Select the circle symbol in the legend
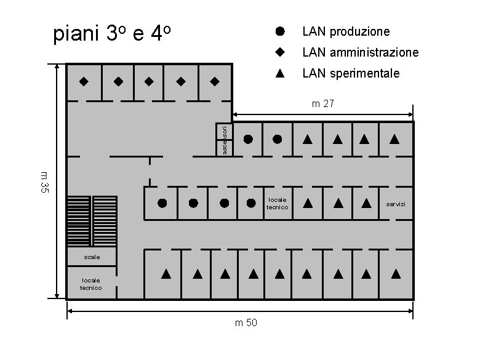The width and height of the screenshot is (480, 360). click(x=279, y=30)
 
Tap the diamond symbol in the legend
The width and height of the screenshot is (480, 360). click(x=279, y=52)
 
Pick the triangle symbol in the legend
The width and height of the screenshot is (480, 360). click(x=279, y=73)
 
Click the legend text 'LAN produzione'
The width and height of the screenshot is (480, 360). click(x=345, y=31)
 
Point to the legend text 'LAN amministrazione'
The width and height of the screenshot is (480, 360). click(x=360, y=52)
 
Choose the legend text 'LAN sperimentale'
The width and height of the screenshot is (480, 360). click(x=350, y=74)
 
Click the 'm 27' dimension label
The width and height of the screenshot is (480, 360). click(x=322, y=104)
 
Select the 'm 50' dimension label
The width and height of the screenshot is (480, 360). click(x=246, y=324)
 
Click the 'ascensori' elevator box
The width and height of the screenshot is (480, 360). click(x=224, y=140)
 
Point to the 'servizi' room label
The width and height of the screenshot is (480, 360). click(x=396, y=204)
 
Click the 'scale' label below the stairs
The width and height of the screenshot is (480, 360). click(x=92, y=256)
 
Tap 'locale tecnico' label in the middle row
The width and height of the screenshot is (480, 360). click(x=277, y=204)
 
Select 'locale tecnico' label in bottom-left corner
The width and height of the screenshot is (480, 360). click(x=91, y=284)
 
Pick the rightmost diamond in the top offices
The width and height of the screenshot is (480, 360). click(x=214, y=81)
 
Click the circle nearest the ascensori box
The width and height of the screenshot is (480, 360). click(x=248, y=139)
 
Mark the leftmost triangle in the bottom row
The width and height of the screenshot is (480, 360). click(x=166, y=273)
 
